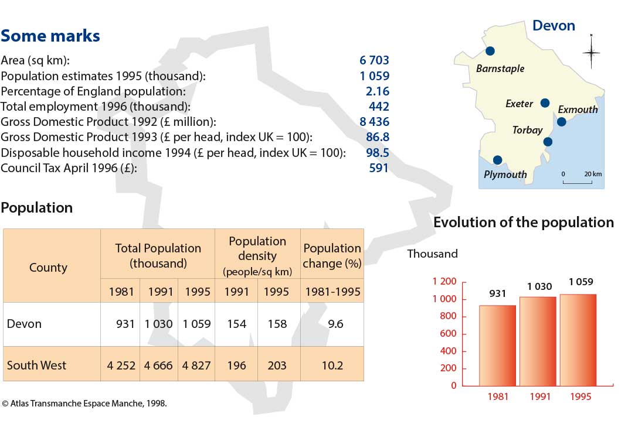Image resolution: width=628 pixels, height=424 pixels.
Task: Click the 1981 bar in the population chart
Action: pos(497,346)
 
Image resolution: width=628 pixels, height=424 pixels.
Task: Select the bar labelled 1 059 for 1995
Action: pos(578,340)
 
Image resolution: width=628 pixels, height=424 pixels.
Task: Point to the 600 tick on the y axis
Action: pos(448,334)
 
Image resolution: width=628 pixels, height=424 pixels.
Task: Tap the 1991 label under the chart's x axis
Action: pos(540,396)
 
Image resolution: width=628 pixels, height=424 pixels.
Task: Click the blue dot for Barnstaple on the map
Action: pos(490,51)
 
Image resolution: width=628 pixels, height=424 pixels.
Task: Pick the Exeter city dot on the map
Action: pos(545,103)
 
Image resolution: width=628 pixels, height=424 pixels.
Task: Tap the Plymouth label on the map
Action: pos(505,175)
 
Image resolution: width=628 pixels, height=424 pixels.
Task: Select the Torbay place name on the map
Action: pos(527,130)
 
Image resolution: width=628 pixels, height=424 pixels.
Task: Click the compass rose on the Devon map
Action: pos(591,52)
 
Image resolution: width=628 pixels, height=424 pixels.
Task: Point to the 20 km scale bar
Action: pos(577,183)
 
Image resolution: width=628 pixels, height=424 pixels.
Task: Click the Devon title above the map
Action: pos(554,26)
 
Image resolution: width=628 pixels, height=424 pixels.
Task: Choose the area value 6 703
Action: pos(374,60)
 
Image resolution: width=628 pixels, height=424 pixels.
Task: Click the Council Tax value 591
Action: pos(378,167)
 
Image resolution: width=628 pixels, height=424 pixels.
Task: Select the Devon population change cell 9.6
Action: pos(335,324)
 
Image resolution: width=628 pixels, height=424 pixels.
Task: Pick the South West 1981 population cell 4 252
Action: pos(121,365)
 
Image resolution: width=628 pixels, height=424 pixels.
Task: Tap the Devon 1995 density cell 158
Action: pos(277,324)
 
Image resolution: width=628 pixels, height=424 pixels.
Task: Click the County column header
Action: pos(48,268)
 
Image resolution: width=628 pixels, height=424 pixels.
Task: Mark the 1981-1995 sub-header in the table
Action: pos(332,292)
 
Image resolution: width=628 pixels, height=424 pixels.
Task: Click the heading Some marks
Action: pos(50,36)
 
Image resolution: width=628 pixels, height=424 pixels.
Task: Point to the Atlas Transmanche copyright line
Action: pos(84,403)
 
